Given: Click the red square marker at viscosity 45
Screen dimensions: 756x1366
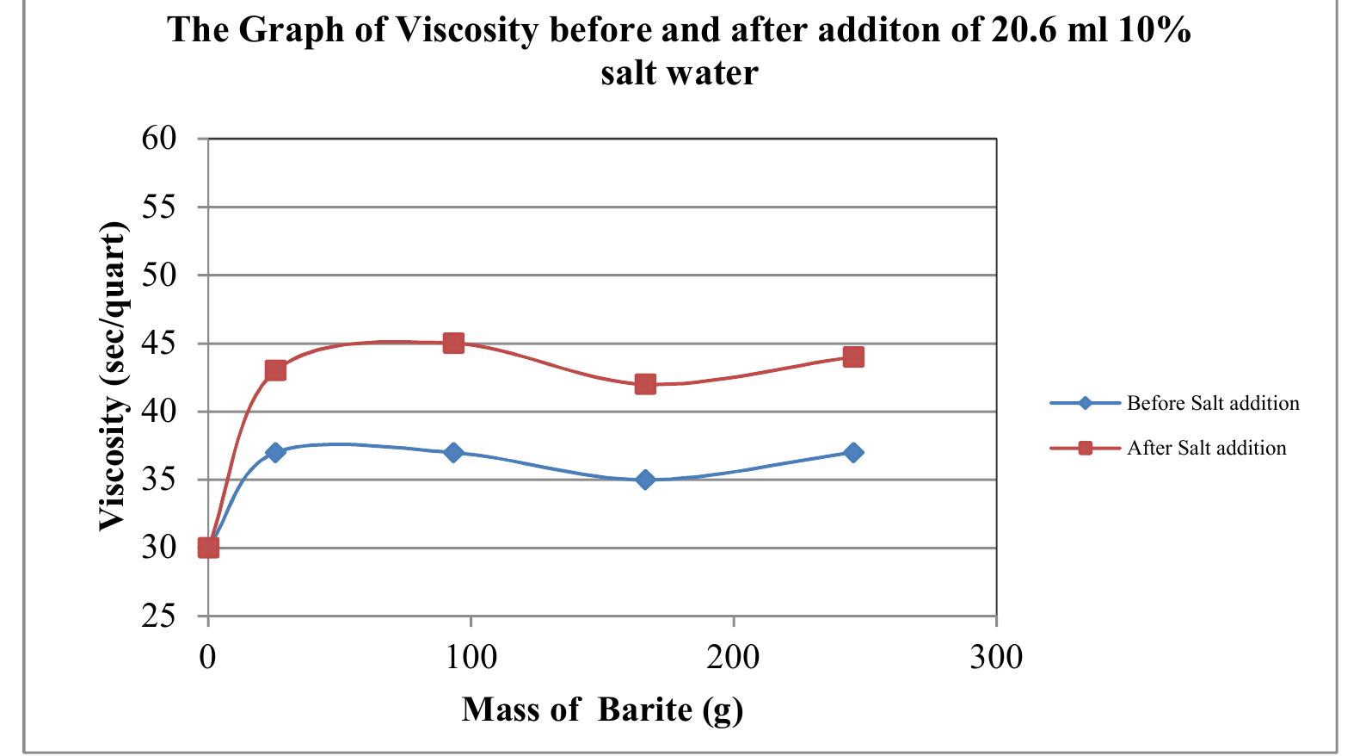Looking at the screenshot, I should click(453, 344).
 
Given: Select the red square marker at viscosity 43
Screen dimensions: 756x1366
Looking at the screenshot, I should click(275, 370).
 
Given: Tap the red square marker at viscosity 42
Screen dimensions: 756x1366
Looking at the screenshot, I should click(645, 384).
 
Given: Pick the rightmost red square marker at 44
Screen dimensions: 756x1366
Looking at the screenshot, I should click(853, 356).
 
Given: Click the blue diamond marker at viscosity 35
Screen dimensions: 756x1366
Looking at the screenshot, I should click(645, 480).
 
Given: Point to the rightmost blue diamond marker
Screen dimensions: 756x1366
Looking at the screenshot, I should click(853, 452).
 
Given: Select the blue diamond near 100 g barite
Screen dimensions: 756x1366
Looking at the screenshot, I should click(453, 452).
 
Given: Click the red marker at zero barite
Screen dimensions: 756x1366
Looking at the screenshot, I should click(208, 548).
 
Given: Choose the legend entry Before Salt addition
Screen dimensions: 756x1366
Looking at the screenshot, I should click(1212, 403).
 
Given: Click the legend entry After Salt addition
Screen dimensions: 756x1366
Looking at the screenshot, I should click(1206, 448).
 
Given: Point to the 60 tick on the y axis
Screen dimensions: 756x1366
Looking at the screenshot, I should click(159, 138).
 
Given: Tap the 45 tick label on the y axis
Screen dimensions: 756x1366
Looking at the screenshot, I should click(159, 344).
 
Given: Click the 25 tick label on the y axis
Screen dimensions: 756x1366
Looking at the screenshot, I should click(159, 617).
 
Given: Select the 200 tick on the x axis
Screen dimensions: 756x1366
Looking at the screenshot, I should click(733, 658).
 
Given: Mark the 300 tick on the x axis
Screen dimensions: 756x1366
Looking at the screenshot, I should click(996, 658).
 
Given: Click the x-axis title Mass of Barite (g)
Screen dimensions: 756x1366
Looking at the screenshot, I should click(602, 710).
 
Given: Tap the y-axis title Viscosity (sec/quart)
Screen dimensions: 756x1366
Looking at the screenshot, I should click(113, 377).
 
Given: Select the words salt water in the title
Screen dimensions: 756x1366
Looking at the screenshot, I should click(679, 72).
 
